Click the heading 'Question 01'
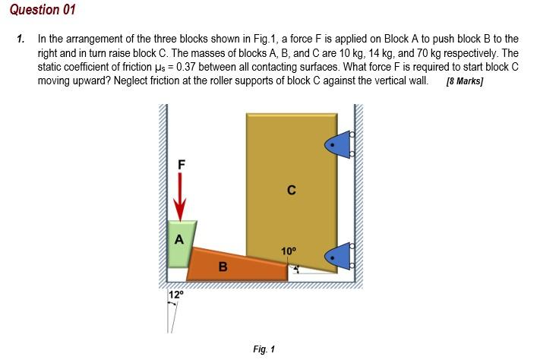(43, 10)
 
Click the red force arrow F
(180, 194)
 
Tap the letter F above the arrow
(181, 163)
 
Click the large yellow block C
(291, 175)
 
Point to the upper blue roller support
(340, 144)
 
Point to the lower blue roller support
(340, 256)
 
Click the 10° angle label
(289, 250)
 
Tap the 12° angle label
(175, 295)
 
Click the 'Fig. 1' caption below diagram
(264, 349)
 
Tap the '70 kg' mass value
(427, 53)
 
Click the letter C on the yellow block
(291, 191)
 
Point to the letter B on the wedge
(223, 267)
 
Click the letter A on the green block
(179, 239)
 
